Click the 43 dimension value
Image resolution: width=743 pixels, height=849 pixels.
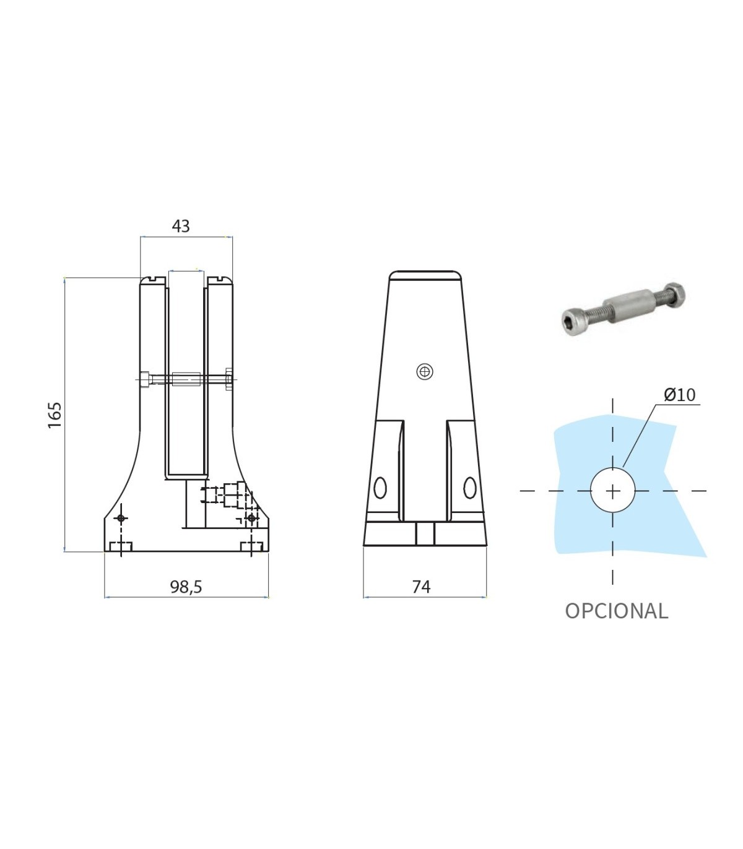tap(181, 226)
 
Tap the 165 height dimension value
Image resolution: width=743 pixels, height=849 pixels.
tap(54, 415)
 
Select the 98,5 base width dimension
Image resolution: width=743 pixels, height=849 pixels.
tap(186, 587)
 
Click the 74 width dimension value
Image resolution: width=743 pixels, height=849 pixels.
tap(421, 587)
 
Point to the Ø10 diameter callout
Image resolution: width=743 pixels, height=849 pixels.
tap(679, 395)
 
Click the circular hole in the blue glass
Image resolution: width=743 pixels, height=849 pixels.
tap(612, 491)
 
